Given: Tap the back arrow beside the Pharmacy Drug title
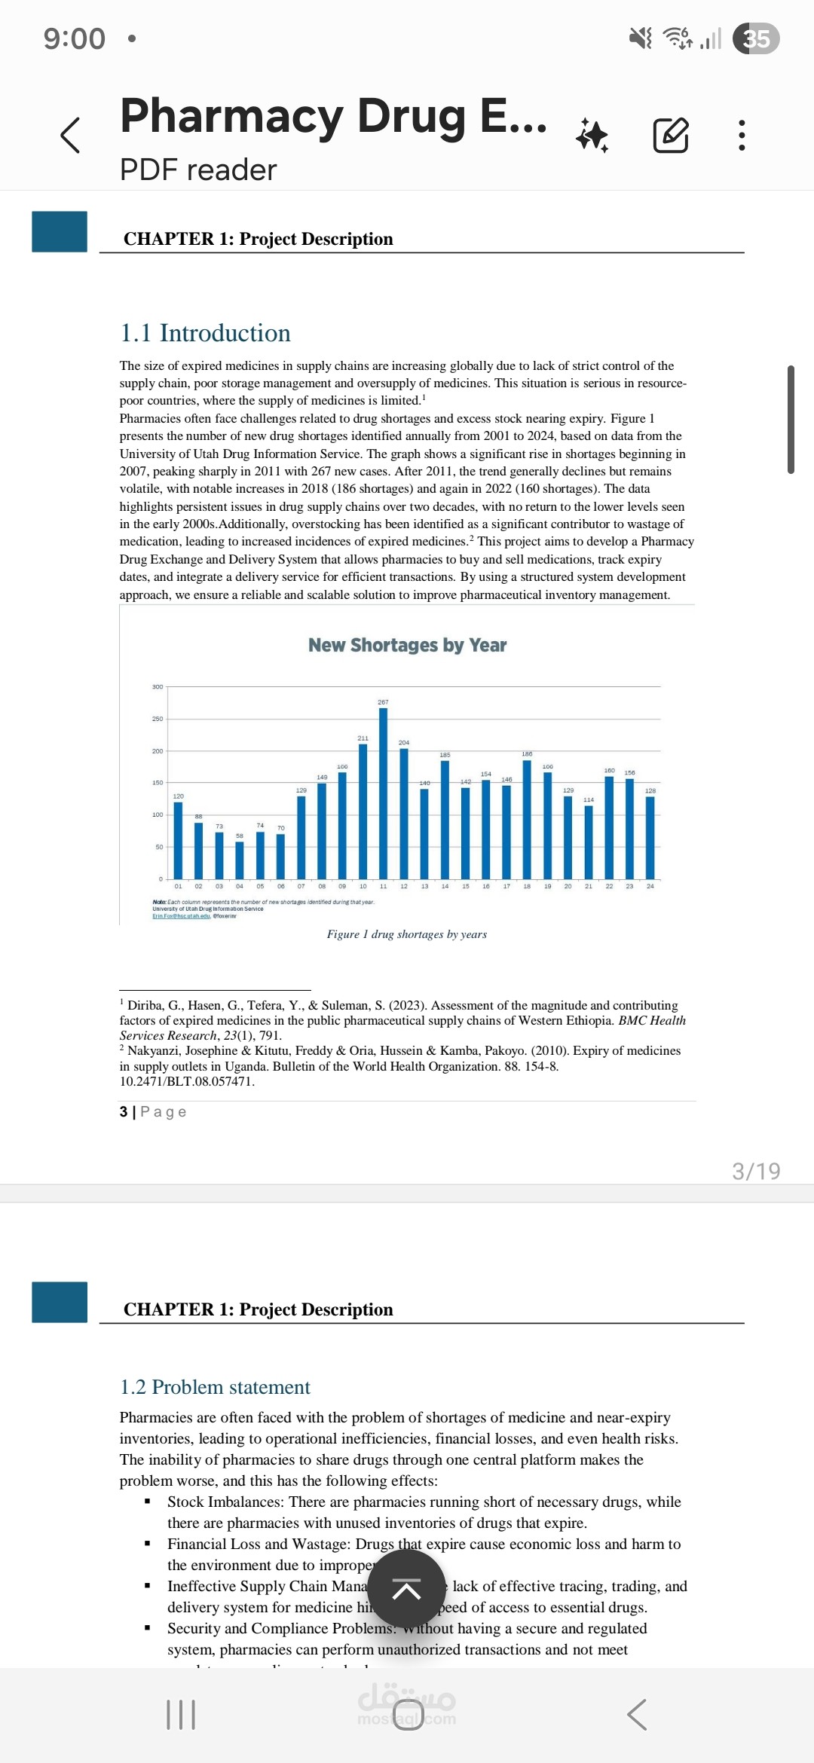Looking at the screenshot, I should coord(70,136).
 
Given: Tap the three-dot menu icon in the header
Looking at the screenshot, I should coord(742,136).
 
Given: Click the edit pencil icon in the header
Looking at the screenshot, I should coord(670,136).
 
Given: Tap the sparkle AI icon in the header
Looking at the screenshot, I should coord(592,136).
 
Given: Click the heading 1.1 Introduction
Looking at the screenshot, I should coord(205,333).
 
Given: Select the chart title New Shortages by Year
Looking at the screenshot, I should coord(407,645).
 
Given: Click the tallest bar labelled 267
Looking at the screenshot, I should coord(384,791).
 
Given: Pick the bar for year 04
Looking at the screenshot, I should coord(240,860).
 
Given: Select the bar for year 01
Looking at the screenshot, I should coord(179,840).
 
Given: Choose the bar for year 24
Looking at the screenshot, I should coord(650,837).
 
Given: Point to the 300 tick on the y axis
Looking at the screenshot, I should coord(158,687).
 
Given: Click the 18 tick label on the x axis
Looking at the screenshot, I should coord(527,887).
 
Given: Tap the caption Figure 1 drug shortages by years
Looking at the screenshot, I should coord(407,934).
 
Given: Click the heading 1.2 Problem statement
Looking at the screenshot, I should coord(215,1387).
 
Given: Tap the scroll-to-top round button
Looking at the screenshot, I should coord(406,1590).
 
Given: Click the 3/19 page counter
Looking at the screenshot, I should coord(756,1171).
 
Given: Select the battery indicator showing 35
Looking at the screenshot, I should coord(757,38).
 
